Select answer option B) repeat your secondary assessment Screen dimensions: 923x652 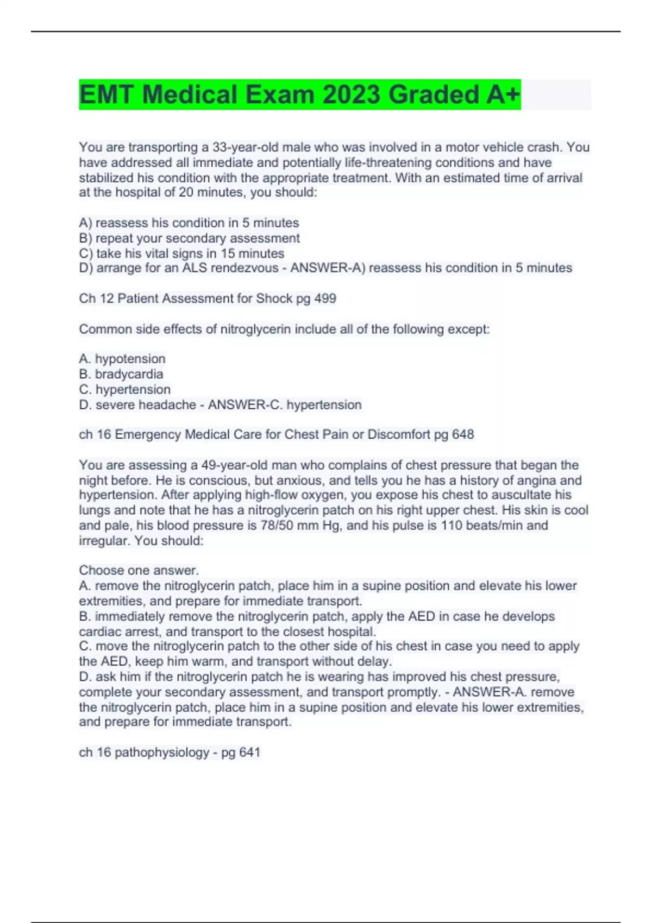[x=189, y=238]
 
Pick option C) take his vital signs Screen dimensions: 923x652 [x=181, y=254]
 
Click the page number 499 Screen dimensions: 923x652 [x=325, y=299]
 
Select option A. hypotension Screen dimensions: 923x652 [x=122, y=359]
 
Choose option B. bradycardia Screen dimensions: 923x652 [x=121, y=374]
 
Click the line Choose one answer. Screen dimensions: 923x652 [x=139, y=571]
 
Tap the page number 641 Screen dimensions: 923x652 [x=249, y=753]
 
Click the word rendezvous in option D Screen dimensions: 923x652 [x=244, y=268]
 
